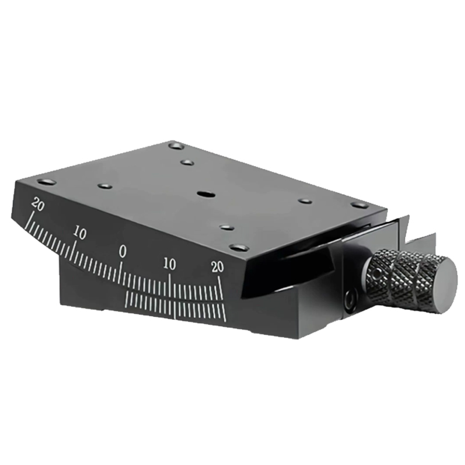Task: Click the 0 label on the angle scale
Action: click(123, 251)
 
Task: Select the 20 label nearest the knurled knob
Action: click(217, 267)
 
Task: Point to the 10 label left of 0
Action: click(80, 234)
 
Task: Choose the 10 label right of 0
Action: click(170, 263)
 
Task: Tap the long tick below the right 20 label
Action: click(221, 287)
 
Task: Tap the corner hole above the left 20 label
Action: click(46, 182)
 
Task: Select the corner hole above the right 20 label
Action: click(239, 248)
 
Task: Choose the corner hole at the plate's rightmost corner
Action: click(359, 205)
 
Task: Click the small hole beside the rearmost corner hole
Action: click(187, 162)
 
